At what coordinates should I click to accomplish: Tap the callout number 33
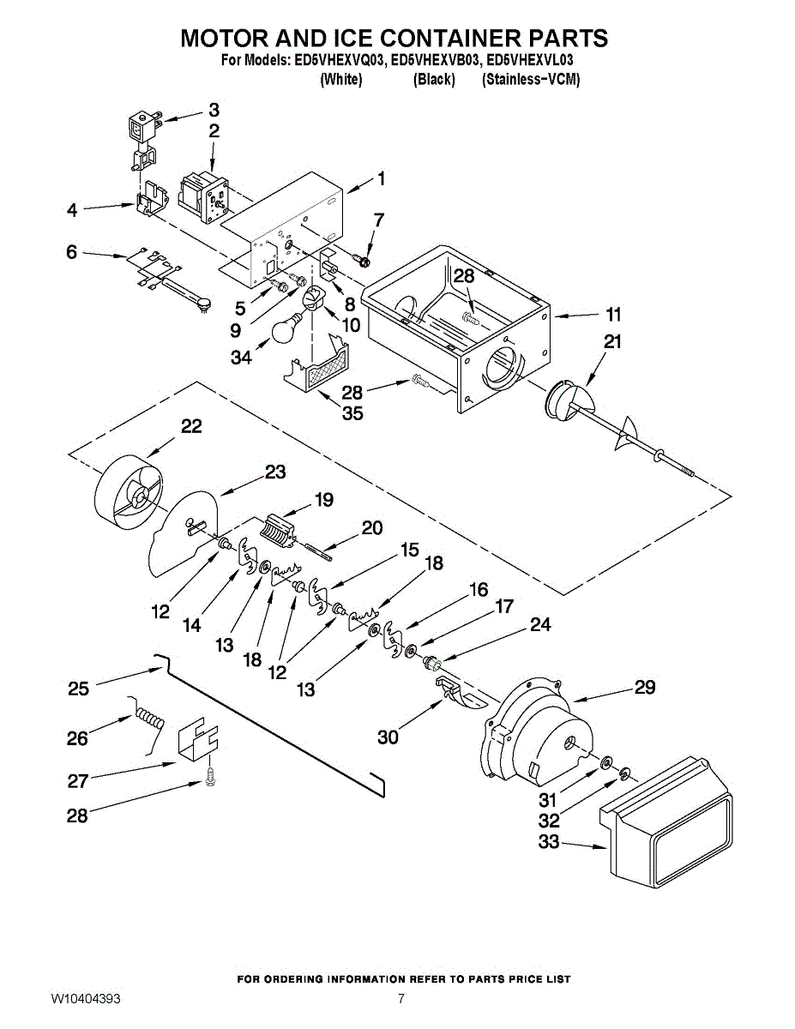549,843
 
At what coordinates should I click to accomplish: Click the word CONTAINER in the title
423,39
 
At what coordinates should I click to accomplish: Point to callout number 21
612,341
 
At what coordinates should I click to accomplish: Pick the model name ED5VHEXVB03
435,61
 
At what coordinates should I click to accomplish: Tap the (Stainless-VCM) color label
531,80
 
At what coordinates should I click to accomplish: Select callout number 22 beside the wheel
190,426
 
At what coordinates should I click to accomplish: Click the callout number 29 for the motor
644,687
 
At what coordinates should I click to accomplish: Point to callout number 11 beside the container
613,314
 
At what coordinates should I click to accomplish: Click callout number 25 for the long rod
78,689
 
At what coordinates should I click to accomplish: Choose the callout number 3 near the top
214,110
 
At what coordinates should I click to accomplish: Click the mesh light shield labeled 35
316,367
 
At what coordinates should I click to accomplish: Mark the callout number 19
323,500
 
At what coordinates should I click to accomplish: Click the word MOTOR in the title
225,39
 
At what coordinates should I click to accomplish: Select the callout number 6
71,252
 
